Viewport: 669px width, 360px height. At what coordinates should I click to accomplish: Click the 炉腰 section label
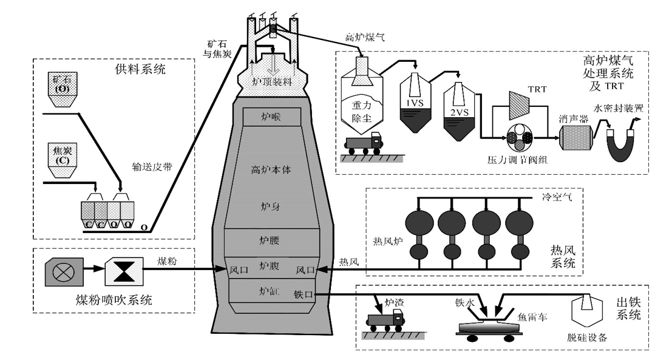[x=267, y=240]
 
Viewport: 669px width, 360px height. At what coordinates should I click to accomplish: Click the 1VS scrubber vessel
[x=416, y=103]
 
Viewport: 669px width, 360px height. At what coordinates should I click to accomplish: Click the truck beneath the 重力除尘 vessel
[x=365, y=144]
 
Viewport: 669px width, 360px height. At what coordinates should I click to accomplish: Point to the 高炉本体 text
[x=271, y=171]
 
